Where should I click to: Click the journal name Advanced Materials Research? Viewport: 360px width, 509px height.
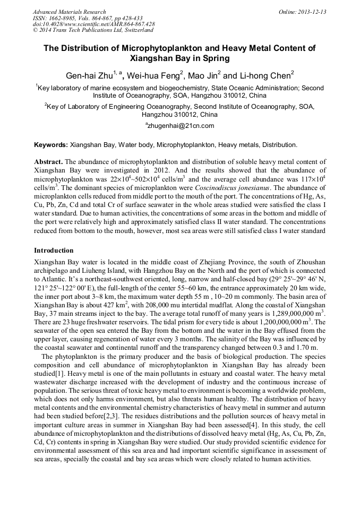click(69, 12)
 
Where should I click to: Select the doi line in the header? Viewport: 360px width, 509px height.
click(93, 24)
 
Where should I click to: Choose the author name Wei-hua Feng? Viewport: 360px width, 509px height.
click(153, 75)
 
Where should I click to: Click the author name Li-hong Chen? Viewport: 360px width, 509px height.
click(264, 75)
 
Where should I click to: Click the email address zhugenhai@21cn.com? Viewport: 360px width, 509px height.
click(181, 126)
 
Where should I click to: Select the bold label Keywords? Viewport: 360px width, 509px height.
click(51, 144)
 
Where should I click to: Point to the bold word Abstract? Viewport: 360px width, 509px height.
click(48, 161)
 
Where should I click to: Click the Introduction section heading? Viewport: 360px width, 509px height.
click(54, 250)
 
